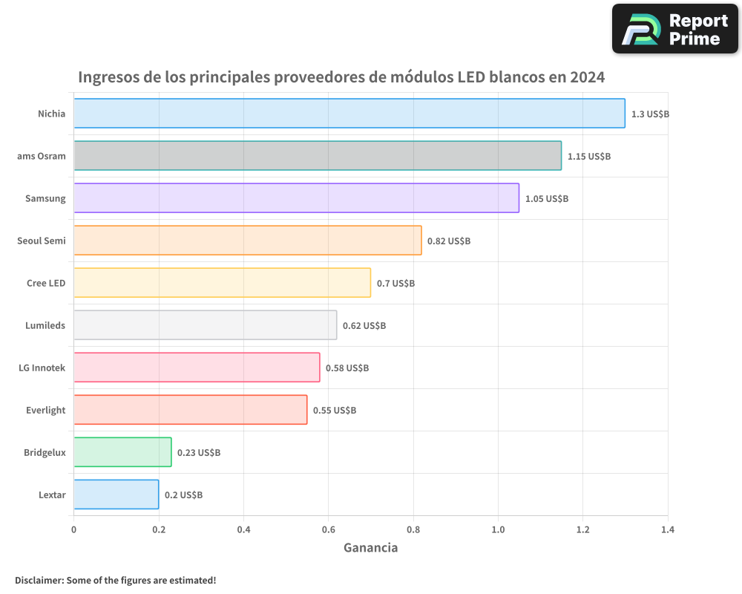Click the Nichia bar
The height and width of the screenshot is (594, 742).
[349, 114]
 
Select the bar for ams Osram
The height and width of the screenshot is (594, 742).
[318, 156]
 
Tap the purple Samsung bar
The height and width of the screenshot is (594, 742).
[296, 198]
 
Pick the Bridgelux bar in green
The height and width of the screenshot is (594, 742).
[122, 452]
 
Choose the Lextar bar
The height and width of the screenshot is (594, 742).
[116, 495]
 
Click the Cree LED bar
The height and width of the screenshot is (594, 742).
[222, 283]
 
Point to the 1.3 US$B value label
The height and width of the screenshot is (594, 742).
[650, 114]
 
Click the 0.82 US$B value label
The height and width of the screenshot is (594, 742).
[449, 241]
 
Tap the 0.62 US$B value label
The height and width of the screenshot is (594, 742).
[364, 326]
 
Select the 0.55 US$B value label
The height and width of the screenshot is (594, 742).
[335, 411]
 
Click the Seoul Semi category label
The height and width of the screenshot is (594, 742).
[42, 241]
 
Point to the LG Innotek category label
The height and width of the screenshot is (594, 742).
[42, 368]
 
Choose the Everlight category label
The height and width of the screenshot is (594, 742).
[46, 410]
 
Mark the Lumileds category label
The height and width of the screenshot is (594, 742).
[46, 325]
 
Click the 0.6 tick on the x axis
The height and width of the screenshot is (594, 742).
[329, 529]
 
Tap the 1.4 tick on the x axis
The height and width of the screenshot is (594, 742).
[668, 529]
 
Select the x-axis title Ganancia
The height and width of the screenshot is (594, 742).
[370, 548]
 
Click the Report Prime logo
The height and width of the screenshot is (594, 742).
[674, 29]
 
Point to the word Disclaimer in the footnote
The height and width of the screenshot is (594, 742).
[39, 580]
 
